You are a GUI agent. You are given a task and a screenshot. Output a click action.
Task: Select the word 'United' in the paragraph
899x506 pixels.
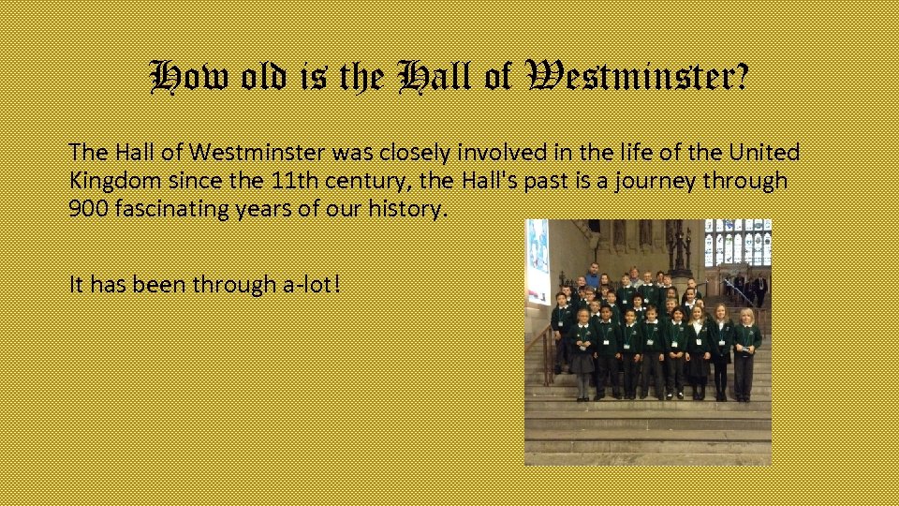[x=763, y=153]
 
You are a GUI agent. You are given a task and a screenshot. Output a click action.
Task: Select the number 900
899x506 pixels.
[x=87, y=209]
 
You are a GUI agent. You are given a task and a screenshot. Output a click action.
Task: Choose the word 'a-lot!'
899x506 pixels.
[x=305, y=284]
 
